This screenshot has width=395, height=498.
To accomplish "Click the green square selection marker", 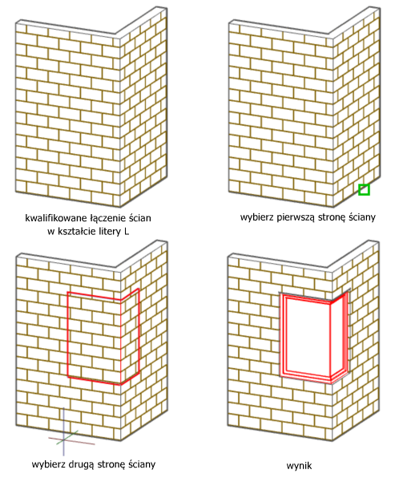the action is tap(364, 189).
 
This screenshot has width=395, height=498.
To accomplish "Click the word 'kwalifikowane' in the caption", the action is tap(56, 218).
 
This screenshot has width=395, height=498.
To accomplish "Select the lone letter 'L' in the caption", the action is tap(127, 232).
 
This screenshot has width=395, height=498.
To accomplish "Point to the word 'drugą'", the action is tap(82, 464).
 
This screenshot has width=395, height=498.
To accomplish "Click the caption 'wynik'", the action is tap(299, 466).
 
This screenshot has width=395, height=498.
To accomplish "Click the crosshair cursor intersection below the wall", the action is tap(64, 439).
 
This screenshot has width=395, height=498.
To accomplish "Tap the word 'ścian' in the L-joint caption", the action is tap(140, 218).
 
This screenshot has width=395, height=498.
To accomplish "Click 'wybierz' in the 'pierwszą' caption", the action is tap(257, 217).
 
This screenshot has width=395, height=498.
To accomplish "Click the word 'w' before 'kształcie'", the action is tap(51, 233).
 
